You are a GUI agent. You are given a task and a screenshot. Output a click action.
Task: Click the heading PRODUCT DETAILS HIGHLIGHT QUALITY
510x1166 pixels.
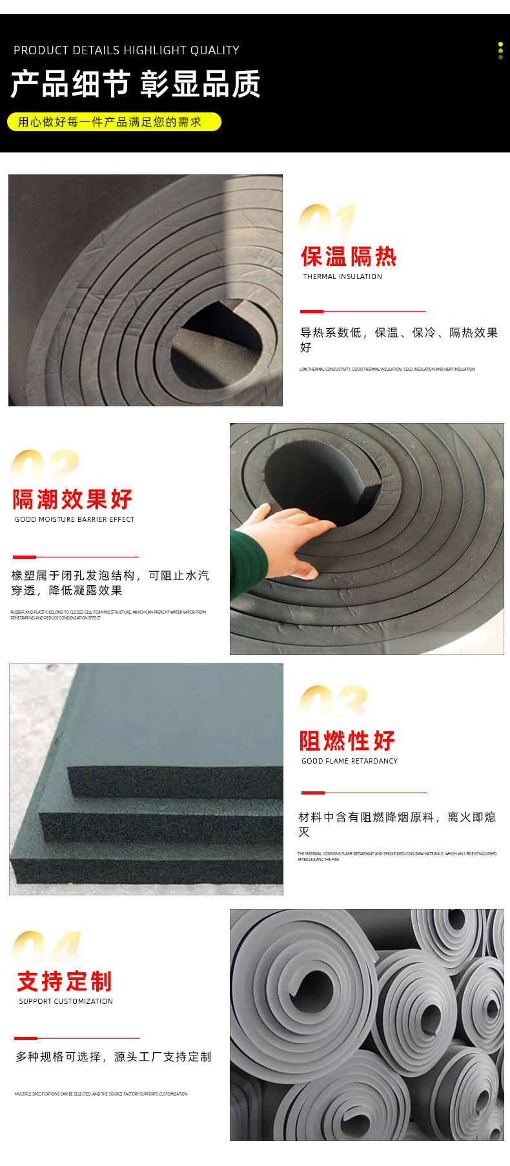coord(127,50)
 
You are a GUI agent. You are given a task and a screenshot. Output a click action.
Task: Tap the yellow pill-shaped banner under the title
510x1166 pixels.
coord(114,121)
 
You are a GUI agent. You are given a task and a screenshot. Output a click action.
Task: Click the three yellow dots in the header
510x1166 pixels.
coord(500,51)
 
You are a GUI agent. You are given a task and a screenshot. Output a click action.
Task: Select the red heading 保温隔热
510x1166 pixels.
coord(349,256)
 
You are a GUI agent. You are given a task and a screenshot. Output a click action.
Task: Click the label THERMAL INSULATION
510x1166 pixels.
coord(343,276)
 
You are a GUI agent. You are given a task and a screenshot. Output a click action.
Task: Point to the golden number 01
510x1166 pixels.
coord(327,222)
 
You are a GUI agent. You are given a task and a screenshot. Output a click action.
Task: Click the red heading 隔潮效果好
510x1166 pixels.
coord(73,499)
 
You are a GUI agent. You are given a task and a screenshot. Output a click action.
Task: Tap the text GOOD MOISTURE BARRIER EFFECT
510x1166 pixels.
coord(75,519)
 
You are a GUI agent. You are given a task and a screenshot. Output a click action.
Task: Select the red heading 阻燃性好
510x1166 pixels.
coord(347,741)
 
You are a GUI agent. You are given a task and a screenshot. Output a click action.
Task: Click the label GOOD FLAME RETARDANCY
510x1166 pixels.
coord(349,761)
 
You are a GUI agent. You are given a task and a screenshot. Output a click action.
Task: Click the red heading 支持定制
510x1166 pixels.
coord(65,981)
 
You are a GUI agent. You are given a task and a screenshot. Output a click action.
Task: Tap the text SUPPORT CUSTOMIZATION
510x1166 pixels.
coord(66,1001)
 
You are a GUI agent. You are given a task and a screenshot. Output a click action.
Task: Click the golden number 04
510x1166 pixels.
coord(46,948)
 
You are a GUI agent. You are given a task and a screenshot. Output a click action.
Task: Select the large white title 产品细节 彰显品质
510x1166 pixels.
coord(136,85)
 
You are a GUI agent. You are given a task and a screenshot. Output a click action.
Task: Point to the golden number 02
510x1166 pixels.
coord(45,466)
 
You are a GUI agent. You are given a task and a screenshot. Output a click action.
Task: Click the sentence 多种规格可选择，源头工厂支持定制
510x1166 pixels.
coord(114,1057)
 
